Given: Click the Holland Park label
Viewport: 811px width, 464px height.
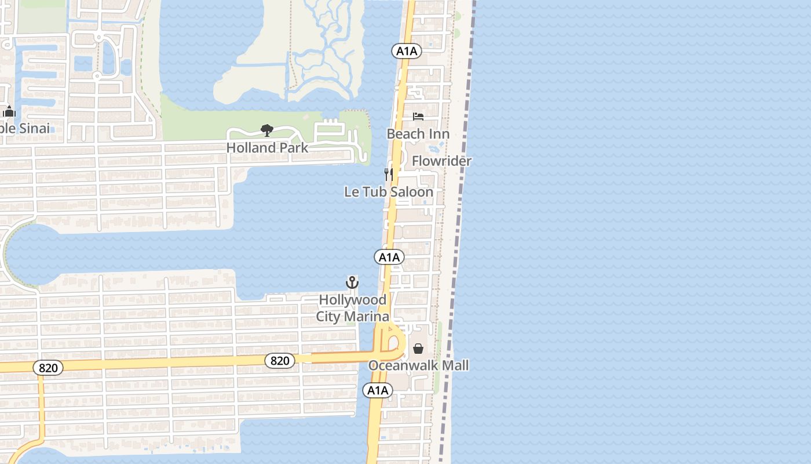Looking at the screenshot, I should pos(267,147).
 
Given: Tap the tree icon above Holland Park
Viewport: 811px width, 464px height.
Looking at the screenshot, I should pos(266,130).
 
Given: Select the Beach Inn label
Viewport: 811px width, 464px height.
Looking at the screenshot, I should pos(418,134).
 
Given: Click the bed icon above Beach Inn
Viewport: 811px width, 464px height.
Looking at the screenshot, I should pos(418,117).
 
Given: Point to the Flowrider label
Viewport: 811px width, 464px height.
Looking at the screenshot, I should pos(441,161).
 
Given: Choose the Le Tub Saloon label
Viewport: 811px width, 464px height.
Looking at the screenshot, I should pos(388,191).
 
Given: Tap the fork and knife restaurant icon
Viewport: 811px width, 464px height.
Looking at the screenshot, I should pos(389,174).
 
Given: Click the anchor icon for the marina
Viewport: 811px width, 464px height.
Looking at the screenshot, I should pos(352,282).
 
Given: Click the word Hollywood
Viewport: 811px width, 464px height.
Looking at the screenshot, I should pos(352,300).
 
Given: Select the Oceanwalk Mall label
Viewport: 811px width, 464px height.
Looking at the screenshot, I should pos(418,365).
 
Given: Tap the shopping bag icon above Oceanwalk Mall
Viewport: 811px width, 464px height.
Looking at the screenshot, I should pos(418,349).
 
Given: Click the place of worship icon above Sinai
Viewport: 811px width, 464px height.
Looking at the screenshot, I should pos(9,112).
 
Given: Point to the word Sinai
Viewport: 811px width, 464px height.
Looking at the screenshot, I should pos(29,128).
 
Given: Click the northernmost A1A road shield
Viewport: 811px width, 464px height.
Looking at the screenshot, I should pos(407,51).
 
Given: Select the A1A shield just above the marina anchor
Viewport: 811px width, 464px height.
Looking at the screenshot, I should pos(389,257).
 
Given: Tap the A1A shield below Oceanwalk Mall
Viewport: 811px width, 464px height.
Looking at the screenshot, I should pos(378,390).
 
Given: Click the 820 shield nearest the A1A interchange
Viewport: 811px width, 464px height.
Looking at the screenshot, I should pos(280,361).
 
